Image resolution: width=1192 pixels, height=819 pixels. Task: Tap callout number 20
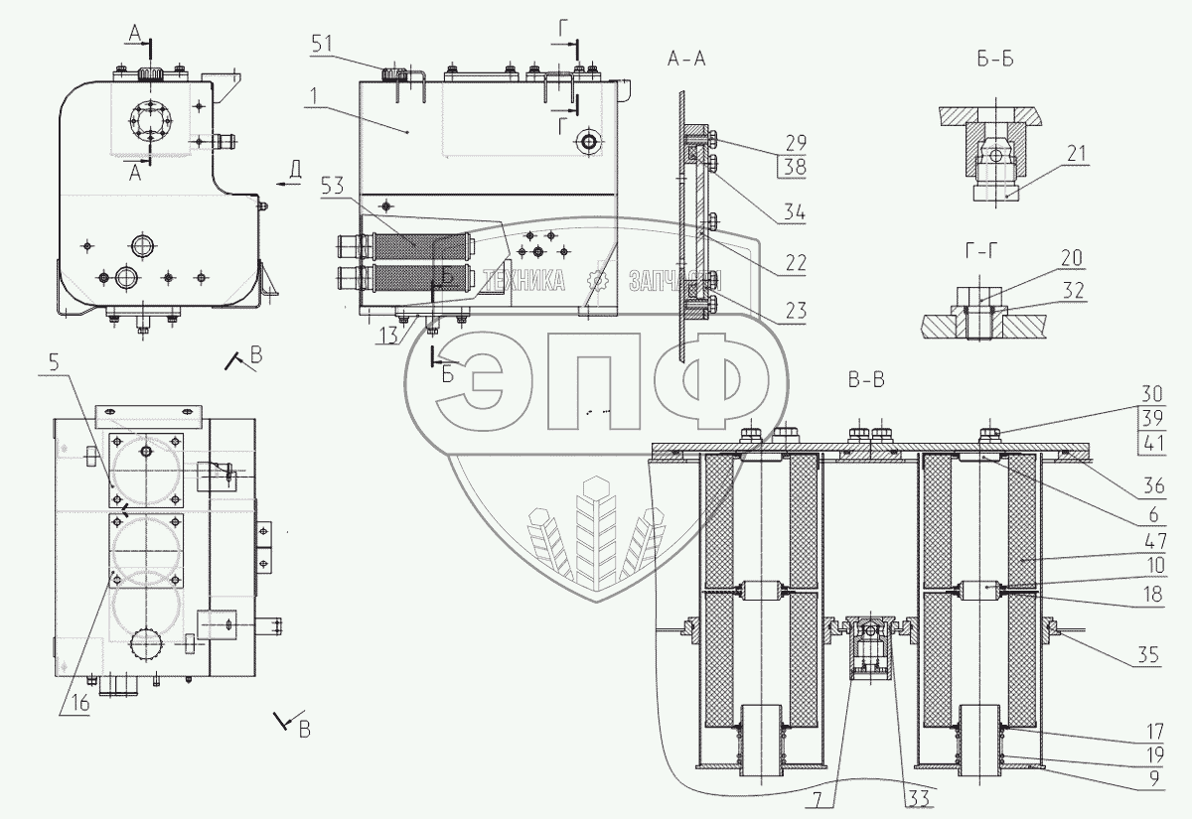tap(1070, 259)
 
